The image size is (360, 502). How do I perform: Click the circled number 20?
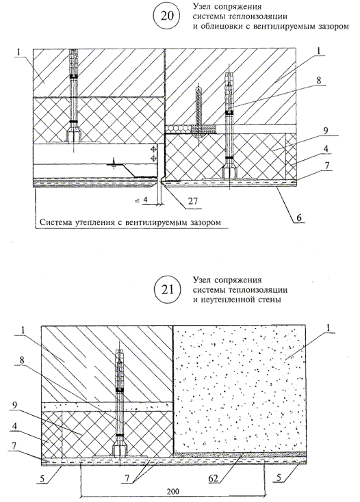(x=166, y=16)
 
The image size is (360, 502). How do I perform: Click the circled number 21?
(x=167, y=290)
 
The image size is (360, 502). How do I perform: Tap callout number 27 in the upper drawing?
(x=193, y=201)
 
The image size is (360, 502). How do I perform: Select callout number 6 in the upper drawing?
(x=298, y=217)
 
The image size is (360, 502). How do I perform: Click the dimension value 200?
(x=173, y=491)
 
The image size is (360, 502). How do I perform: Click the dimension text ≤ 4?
(x=140, y=201)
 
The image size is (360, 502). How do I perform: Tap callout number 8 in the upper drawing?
(x=318, y=80)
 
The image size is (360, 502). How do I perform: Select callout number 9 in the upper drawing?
(x=326, y=131)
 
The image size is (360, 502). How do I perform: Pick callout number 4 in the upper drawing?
(x=326, y=149)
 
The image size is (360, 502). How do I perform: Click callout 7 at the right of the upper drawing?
(x=326, y=166)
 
